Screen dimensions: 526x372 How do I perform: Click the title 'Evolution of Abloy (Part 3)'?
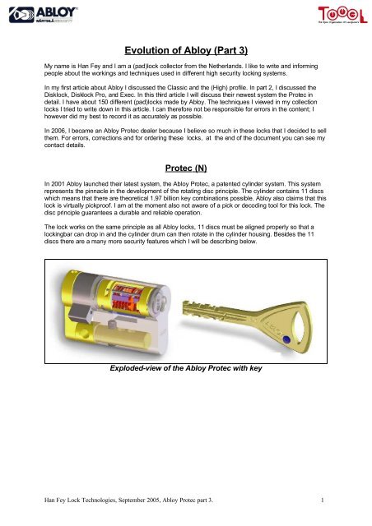click(x=186, y=49)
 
